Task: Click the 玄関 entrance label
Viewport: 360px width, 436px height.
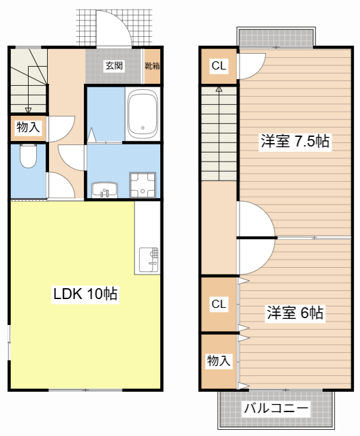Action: (x=114, y=66)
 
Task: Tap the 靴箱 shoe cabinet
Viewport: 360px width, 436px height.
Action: (x=152, y=66)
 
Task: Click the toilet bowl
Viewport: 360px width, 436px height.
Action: (x=28, y=157)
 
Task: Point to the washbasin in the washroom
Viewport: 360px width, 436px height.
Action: (x=104, y=189)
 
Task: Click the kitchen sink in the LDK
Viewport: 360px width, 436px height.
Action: (x=149, y=260)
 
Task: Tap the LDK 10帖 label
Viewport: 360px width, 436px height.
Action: (x=85, y=294)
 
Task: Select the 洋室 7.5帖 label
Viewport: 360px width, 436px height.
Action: (x=295, y=142)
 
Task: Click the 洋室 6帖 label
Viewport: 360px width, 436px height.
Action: (x=295, y=313)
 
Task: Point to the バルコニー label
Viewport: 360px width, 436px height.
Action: (x=276, y=409)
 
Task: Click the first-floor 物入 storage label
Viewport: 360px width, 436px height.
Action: (x=28, y=127)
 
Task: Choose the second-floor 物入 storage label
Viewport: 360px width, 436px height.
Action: (x=218, y=361)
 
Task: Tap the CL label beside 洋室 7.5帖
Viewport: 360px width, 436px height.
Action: (x=218, y=66)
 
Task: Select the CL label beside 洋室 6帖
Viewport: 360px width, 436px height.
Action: (x=218, y=303)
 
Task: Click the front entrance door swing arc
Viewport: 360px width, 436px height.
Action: (x=109, y=27)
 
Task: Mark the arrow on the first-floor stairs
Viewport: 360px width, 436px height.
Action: (x=28, y=109)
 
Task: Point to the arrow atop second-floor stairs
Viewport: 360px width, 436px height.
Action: (x=218, y=89)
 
